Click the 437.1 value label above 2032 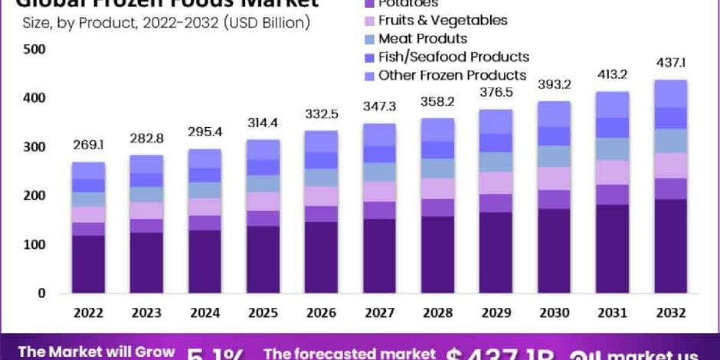670,63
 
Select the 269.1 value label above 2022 88,145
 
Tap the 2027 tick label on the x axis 379,313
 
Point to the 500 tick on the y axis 34,49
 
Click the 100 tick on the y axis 34,245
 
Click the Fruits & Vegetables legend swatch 368,20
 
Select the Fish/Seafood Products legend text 454,57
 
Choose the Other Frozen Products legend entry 452,76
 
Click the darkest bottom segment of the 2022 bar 88,264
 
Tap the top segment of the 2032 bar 670,94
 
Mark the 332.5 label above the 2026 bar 320,114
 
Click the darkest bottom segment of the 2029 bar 495,253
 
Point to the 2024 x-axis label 204,313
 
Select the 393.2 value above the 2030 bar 553,85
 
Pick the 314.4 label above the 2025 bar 262,123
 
